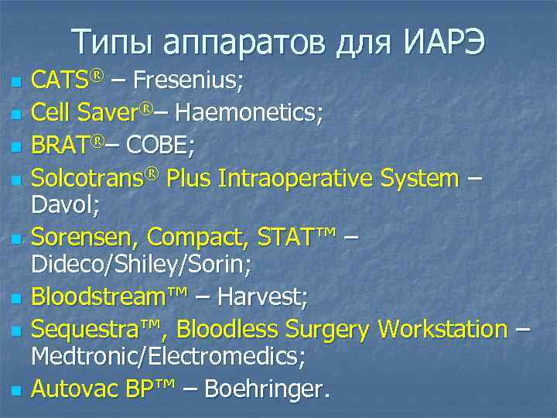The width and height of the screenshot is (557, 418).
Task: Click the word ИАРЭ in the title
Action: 444,42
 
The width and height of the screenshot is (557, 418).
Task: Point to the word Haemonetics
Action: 249,113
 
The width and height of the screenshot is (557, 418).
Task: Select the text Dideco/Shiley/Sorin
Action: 140,264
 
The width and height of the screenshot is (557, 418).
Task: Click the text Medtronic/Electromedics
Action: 167,357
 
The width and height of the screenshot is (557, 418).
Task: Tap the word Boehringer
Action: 264,389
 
